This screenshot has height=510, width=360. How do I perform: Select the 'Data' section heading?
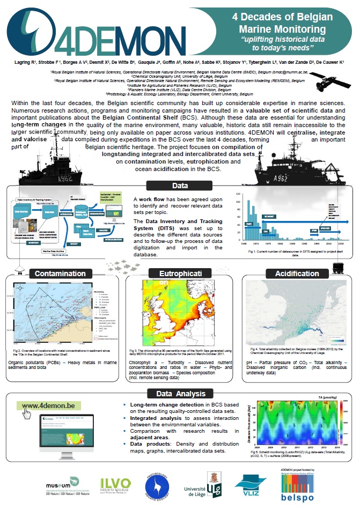(180, 186)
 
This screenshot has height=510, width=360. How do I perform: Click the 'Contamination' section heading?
(60, 274)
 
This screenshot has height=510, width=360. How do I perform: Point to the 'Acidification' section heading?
(298, 274)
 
